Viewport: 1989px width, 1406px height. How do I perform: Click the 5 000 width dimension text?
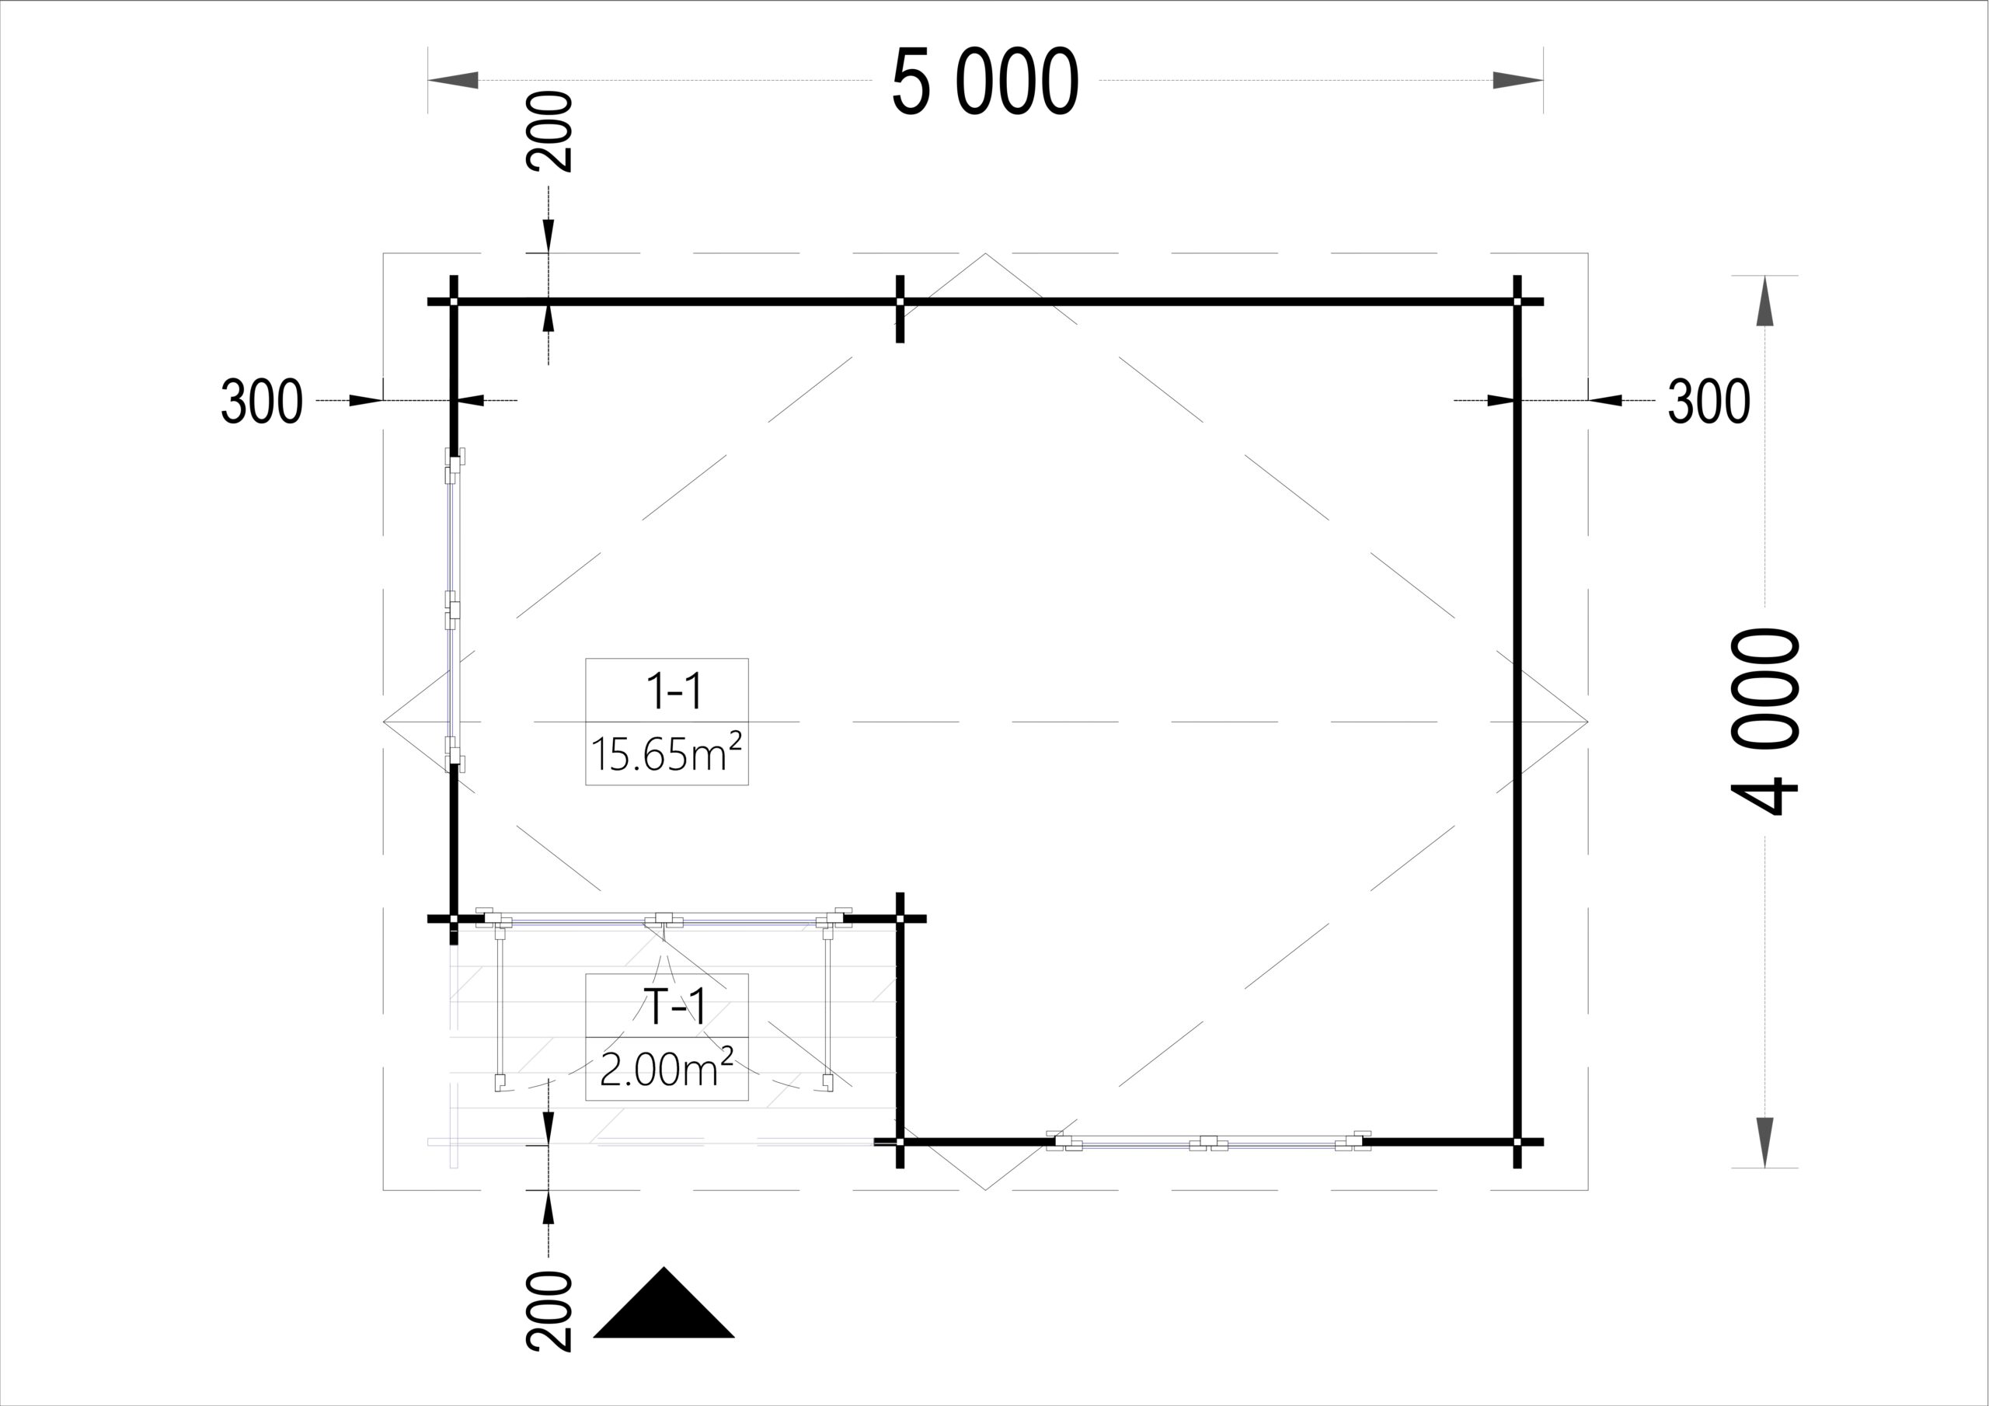pyautogui.click(x=985, y=82)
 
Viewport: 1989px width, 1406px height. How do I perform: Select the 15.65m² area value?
pyautogui.click(x=667, y=752)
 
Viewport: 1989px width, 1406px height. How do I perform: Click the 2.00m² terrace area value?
pyautogui.click(x=667, y=1068)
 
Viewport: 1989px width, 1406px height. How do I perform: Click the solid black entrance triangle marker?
pyautogui.click(x=664, y=1303)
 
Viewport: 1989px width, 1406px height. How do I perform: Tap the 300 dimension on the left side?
pyautogui.click(x=262, y=401)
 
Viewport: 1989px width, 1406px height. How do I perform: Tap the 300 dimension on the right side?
pyautogui.click(x=1709, y=401)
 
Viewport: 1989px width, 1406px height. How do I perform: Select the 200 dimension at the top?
pyautogui.click(x=549, y=132)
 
